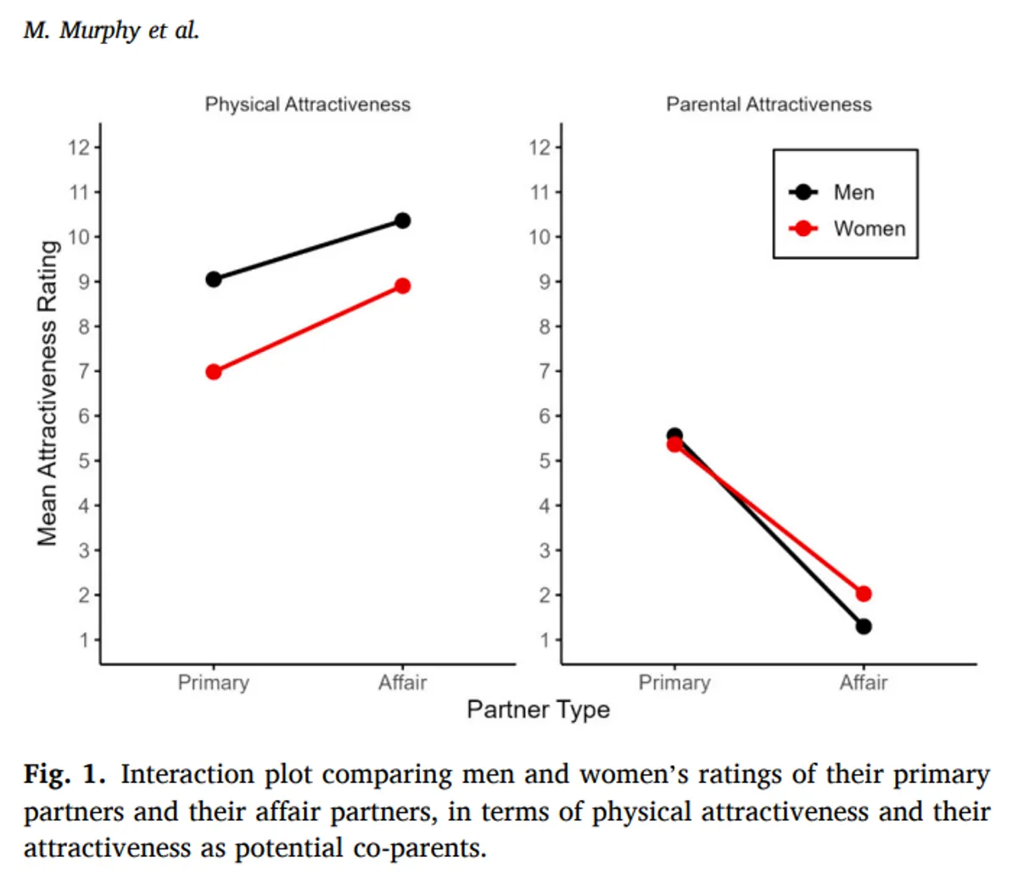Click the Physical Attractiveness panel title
click(x=307, y=104)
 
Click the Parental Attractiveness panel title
click(x=769, y=104)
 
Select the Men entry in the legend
click(x=853, y=193)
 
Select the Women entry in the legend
click(x=869, y=229)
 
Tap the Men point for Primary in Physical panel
click(x=214, y=279)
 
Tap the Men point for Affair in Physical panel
click(x=403, y=221)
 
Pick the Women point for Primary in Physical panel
click(x=214, y=372)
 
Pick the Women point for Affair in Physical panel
click(x=403, y=286)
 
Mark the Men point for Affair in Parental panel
click(x=864, y=626)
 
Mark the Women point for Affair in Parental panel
click(x=864, y=594)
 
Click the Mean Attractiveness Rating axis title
click(x=48, y=393)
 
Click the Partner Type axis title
click(x=538, y=709)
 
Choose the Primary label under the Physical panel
click(x=214, y=683)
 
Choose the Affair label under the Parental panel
click(x=864, y=683)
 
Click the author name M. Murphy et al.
click(x=111, y=31)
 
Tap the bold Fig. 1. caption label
click(x=64, y=775)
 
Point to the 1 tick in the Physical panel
click(x=85, y=640)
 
